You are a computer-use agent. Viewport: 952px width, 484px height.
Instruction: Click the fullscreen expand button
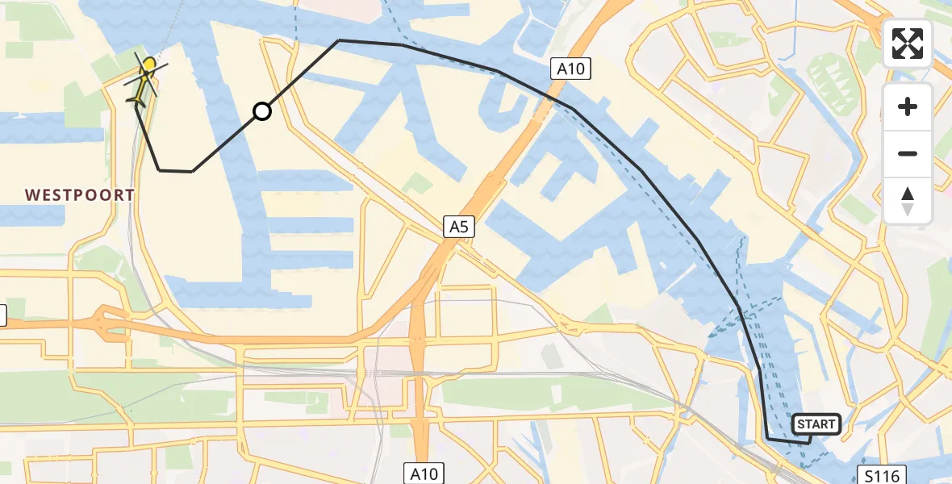(908, 44)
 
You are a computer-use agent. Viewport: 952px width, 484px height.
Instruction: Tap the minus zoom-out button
(908, 153)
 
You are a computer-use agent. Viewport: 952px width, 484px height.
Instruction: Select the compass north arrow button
(908, 200)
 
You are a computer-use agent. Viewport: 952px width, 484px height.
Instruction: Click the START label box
(816, 424)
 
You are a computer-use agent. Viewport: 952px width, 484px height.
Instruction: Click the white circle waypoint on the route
(262, 111)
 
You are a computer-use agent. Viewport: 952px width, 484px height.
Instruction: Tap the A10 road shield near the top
(570, 69)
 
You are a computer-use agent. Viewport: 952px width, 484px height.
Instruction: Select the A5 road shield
(459, 228)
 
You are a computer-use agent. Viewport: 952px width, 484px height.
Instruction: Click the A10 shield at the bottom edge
(424, 474)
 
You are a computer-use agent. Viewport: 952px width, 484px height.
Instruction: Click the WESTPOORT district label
(79, 195)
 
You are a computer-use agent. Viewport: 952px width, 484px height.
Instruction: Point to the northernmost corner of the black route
(340, 40)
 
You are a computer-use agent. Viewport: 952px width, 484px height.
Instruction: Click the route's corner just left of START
(767, 439)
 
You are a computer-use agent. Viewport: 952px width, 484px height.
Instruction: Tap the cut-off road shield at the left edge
(2, 316)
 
